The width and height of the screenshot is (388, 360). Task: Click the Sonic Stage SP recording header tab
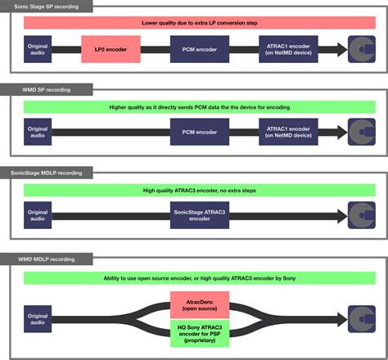[46, 6]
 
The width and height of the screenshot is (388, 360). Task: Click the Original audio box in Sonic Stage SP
[38, 51]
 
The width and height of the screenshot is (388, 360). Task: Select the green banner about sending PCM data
[195, 106]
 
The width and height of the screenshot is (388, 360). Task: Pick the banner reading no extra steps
[195, 191]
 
